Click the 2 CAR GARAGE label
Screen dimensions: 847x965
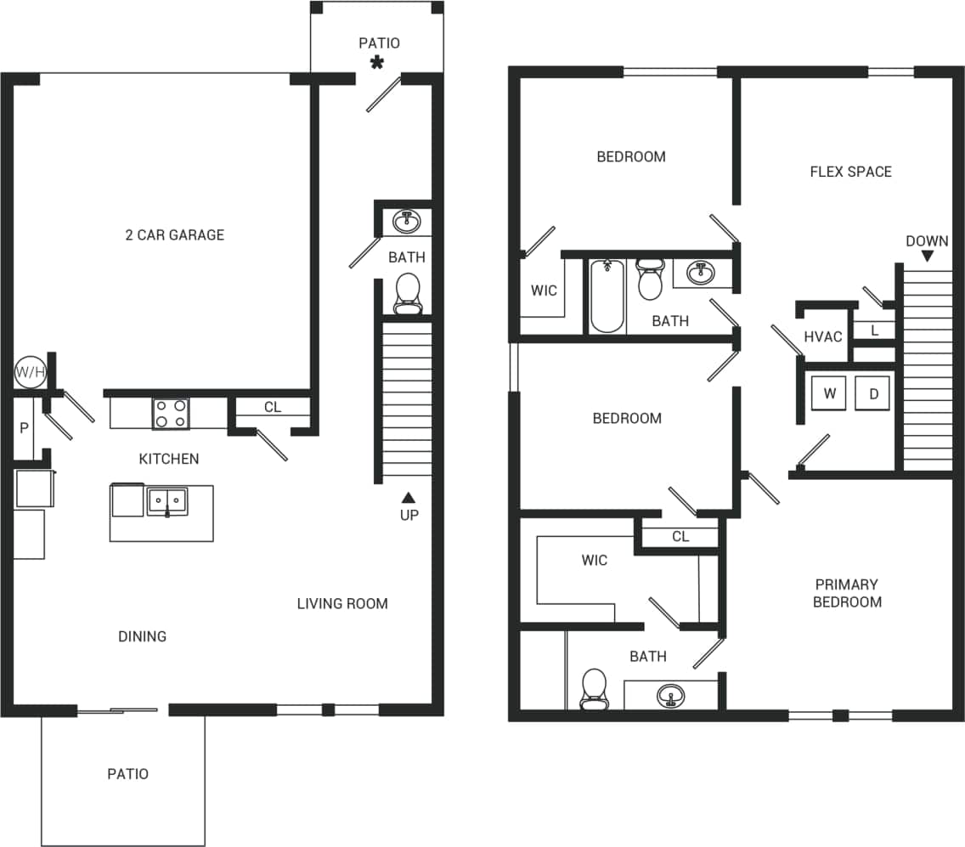click(x=174, y=235)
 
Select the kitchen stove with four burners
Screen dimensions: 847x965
click(x=170, y=414)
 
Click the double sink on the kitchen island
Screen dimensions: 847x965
click(x=167, y=501)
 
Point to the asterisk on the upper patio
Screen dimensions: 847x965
click(x=375, y=62)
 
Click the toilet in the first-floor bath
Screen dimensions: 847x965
click(x=408, y=293)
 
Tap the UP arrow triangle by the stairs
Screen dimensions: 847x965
click(x=409, y=498)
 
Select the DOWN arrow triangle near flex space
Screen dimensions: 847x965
click(x=928, y=256)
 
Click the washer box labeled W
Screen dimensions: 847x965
click(x=830, y=394)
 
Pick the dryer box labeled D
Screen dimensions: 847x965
click(x=872, y=394)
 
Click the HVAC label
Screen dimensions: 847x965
click(x=822, y=337)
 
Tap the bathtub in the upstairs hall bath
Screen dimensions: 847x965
click(x=607, y=296)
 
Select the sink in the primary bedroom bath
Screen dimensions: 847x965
click(x=671, y=696)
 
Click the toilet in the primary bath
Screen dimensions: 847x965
click(x=594, y=688)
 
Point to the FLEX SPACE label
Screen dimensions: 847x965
click(x=850, y=172)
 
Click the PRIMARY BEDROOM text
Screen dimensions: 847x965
click(x=847, y=593)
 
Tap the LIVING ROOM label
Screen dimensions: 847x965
click(x=342, y=604)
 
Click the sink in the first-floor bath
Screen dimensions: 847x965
click(x=407, y=223)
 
